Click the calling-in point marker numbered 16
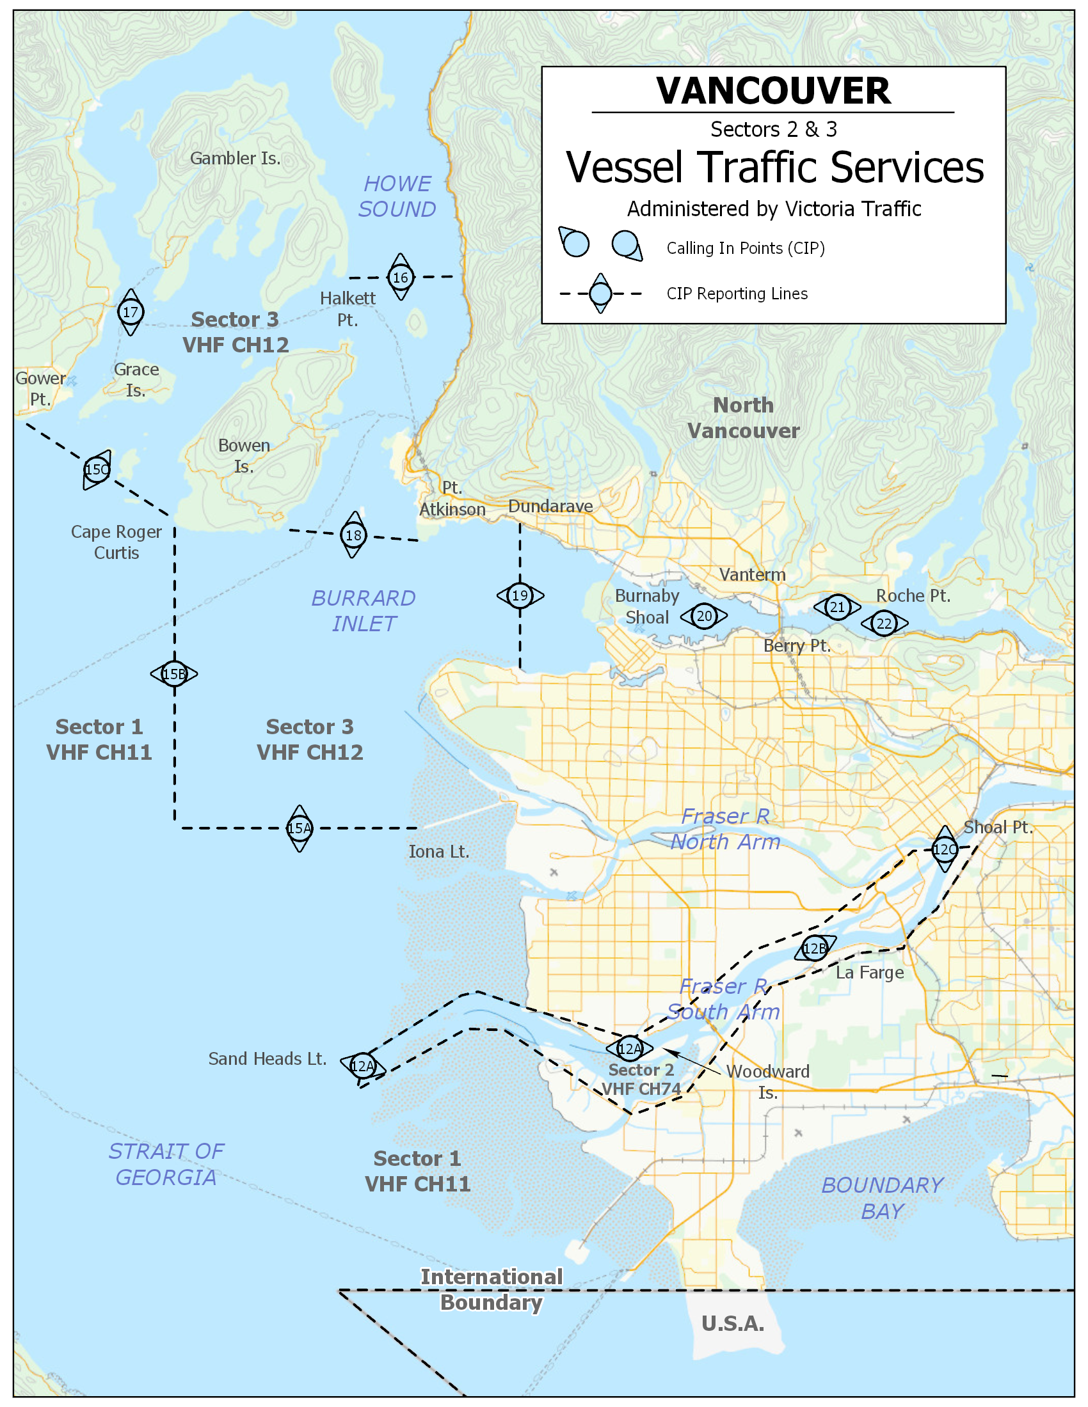pyautogui.click(x=400, y=277)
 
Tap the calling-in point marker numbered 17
pyautogui.click(x=131, y=312)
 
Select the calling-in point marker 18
pyautogui.click(x=353, y=535)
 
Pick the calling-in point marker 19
pyautogui.click(x=520, y=595)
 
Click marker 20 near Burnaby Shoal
pyautogui.click(x=705, y=616)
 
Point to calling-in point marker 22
pyautogui.click(x=884, y=623)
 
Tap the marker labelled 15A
pyautogui.click(x=300, y=828)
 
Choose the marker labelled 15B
pyautogui.click(x=174, y=674)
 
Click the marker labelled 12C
pyautogui.click(x=945, y=849)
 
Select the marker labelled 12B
pyautogui.click(x=815, y=948)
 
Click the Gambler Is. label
pyautogui.click(x=236, y=159)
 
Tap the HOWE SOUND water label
pyautogui.click(x=397, y=196)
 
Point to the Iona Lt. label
pyautogui.click(x=439, y=852)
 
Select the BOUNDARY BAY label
pyautogui.click(x=883, y=1199)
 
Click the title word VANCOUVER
pyautogui.click(x=774, y=91)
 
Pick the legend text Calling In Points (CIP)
pyautogui.click(x=746, y=248)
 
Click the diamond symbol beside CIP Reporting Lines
pyautogui.click(x=601, y=294)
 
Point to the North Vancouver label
pyautogui.click(x=743, y=418)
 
